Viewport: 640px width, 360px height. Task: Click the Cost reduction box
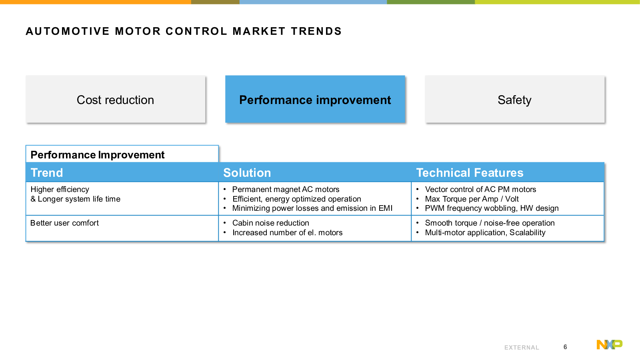pos(116,99)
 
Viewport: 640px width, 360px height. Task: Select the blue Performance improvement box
pos(315,99)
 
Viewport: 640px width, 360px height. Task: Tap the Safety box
pos(515,99)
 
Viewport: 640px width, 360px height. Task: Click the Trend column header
pos(47,173)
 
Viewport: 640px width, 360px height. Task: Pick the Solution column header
pos(247,173)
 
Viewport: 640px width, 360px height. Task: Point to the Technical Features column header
pos(470,173)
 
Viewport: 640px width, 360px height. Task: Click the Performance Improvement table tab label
pos(98,155)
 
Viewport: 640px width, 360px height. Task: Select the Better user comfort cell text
pos(64,223)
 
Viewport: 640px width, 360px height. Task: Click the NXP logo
pos(610,344)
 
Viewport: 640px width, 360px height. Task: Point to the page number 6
pos(565,347)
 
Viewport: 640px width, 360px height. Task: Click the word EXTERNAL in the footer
pos(522,348)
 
